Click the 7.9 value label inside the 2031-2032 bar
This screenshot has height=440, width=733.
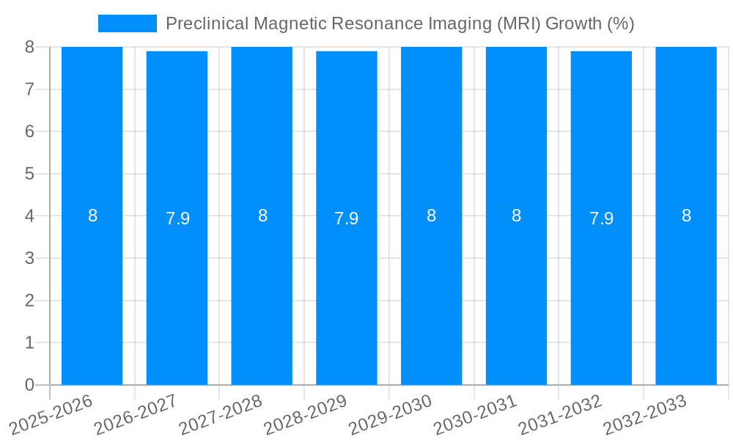[x=601, y=219]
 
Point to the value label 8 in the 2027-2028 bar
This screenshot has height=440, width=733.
[x=262, y=216]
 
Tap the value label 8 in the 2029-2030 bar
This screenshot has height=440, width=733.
[x=431, y=216]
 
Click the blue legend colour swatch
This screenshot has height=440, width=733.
[x=127, y=23]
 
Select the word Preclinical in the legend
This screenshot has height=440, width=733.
[x=207, y=23]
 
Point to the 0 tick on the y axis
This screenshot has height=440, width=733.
[x=29, y=385]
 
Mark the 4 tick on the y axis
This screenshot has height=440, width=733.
[x=29, y=216]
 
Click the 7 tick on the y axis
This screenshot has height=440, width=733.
[x=29, y=89]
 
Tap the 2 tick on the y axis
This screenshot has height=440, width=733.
[x=29, y=301]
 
